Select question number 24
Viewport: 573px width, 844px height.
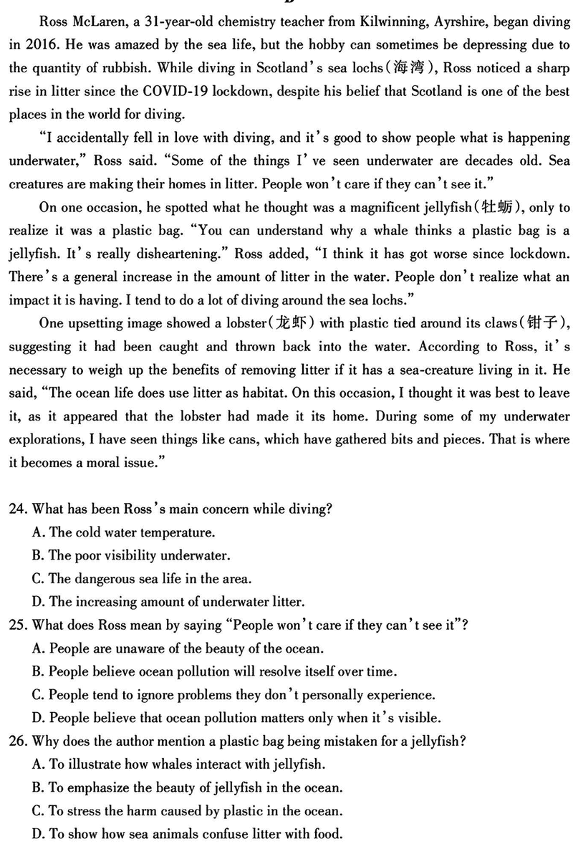tap(18, 509)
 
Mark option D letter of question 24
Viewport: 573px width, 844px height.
tap(39, 601)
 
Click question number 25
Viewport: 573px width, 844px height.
tap(18, 625)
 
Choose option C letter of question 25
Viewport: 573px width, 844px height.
tap(39, 694)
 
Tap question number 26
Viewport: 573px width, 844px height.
tap(18, 740)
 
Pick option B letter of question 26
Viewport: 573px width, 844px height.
tap(39, 787)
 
